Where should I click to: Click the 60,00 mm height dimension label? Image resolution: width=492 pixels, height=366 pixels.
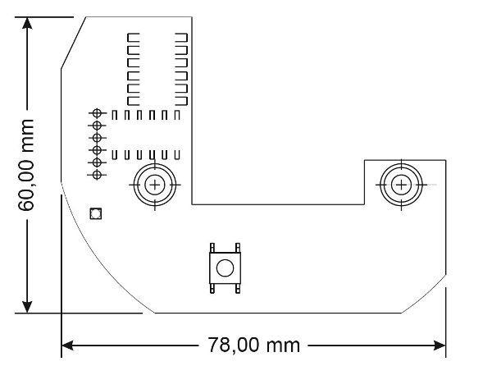26,164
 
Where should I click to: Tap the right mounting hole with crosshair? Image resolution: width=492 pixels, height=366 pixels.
401,185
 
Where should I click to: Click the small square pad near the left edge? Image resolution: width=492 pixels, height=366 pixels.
95,214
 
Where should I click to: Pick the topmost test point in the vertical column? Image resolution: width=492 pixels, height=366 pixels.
97,112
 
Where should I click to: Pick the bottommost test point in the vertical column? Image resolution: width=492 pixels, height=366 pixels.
97,175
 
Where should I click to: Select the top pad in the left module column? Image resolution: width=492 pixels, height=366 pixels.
133,37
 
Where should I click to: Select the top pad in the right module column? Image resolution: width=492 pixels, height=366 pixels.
183,37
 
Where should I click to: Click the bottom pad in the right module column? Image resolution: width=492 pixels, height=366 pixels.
183,99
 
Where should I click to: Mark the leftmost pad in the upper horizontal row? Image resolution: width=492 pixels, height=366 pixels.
115,115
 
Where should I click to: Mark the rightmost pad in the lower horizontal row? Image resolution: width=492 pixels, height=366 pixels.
176,153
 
